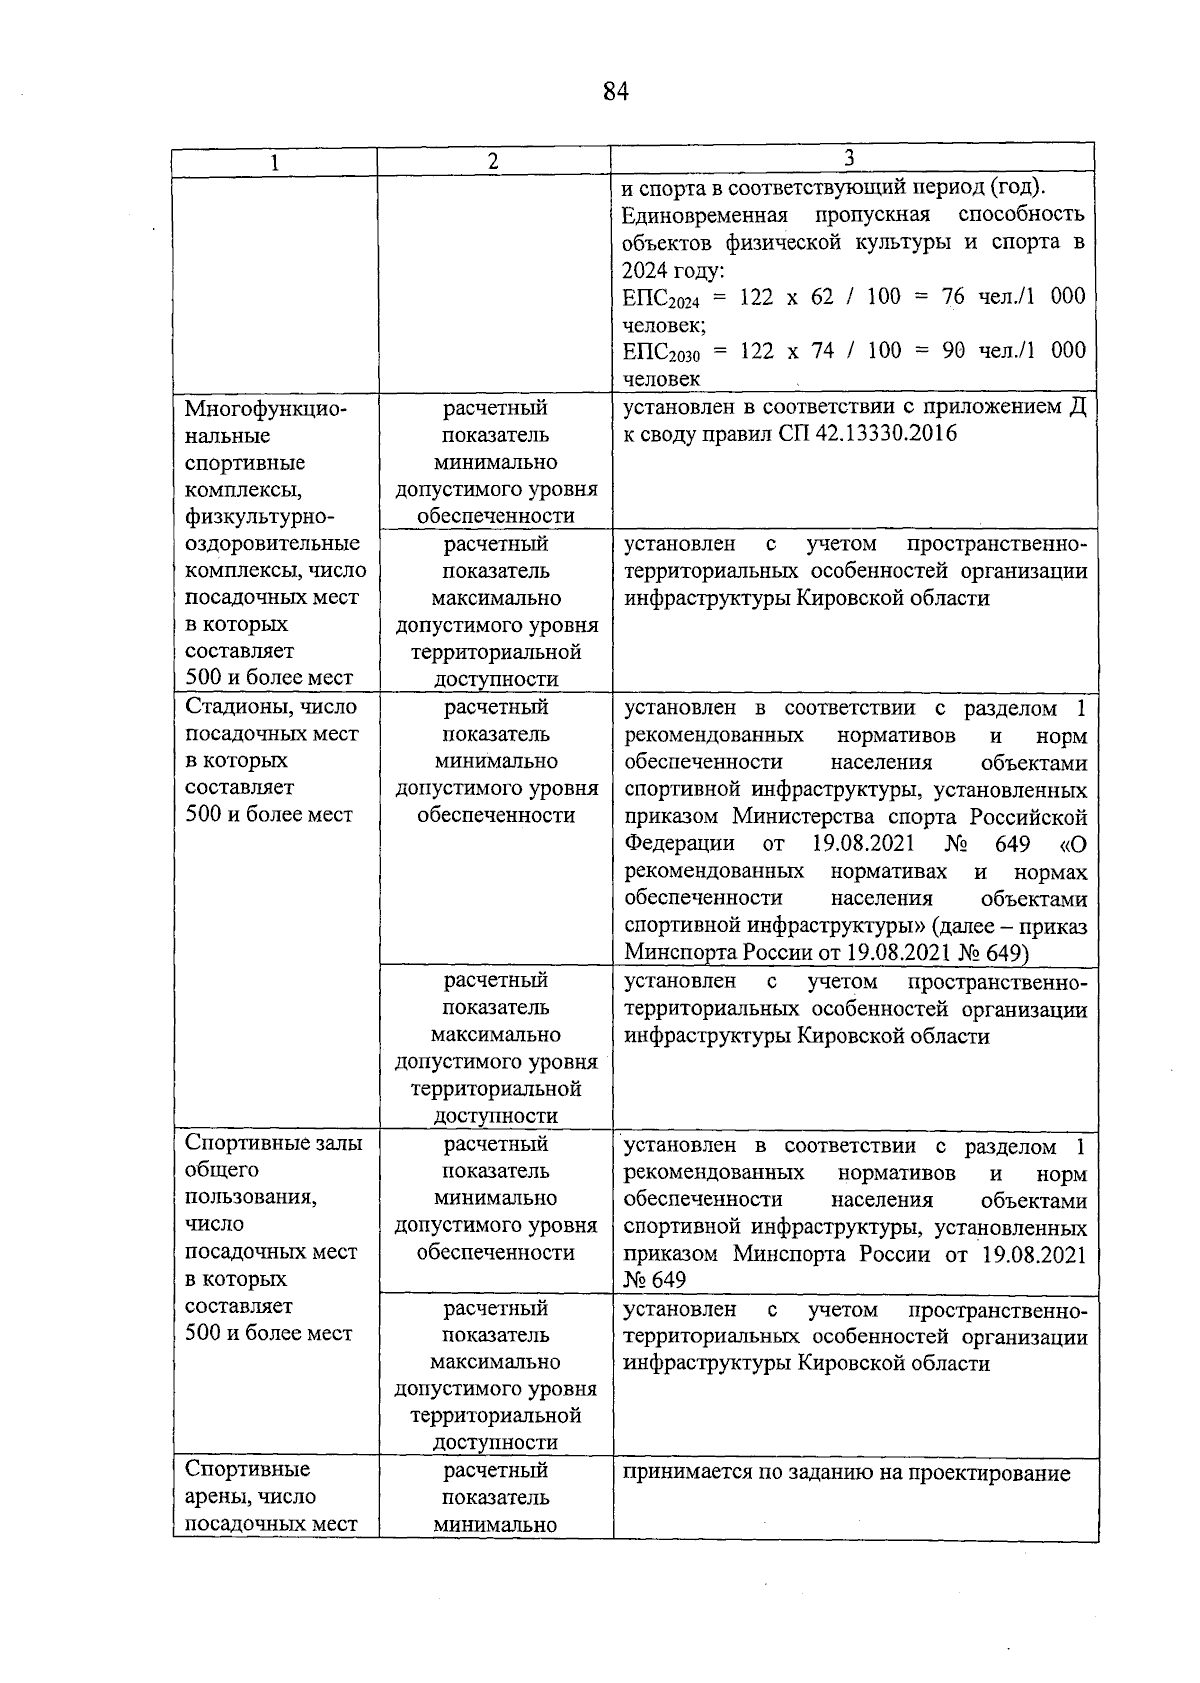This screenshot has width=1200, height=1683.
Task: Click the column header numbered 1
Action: pyautogui.click(x=274, y=163)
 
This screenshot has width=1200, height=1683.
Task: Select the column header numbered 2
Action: pyautogui.click(x=493, y=162)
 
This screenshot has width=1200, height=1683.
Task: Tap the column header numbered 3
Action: pyautogui.click(x=849, y=158)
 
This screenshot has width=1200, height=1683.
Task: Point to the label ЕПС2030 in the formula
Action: pyautogui.click(x=655, y=353)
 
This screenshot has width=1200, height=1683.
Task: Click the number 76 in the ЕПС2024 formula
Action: pyautogui.click(x=953, y=297)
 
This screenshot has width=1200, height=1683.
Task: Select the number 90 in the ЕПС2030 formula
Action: pyautogui.click(x=953, y=350)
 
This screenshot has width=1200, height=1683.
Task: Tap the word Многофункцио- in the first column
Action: pyautogui.click(x=264, y=409)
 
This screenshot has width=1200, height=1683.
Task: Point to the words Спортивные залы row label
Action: pyautogui.click(x=274, y=1143)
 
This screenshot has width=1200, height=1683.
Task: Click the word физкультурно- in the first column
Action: pyautogui.click(x=258, y=517)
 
